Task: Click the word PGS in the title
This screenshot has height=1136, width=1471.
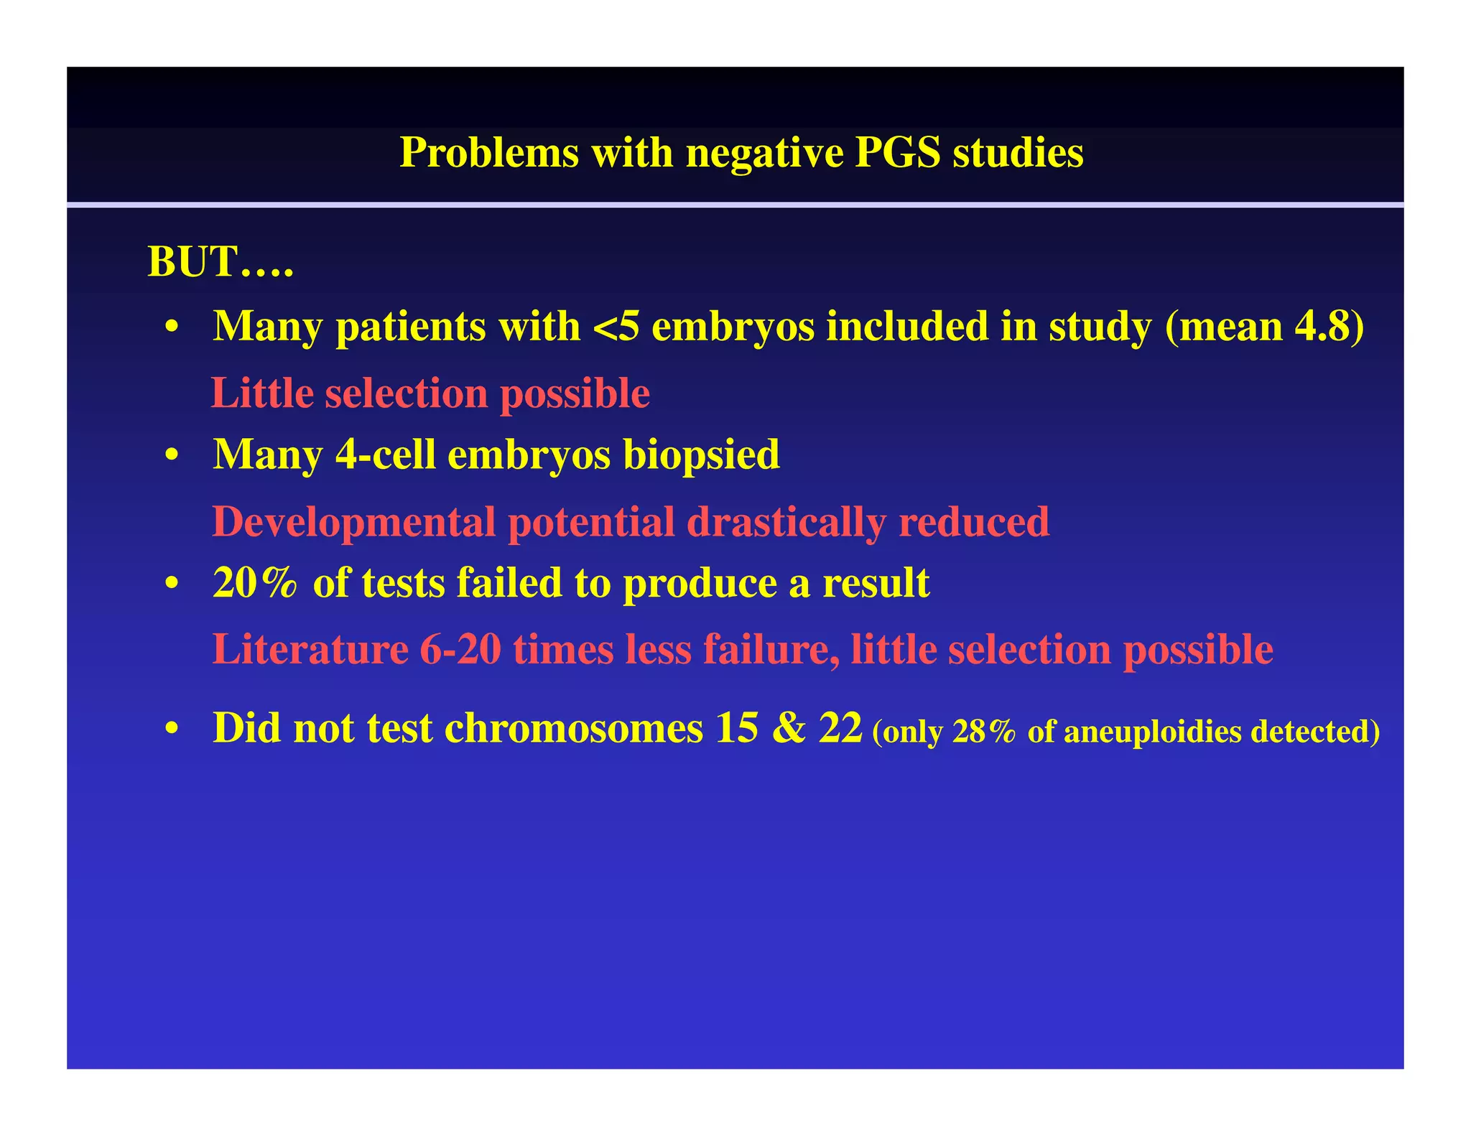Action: (897, 152)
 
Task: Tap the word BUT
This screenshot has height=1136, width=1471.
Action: (192, 261)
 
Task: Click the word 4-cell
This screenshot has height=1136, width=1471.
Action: (385, 455)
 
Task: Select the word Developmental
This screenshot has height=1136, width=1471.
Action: (353, 522)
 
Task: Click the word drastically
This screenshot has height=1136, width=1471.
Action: (786, 522)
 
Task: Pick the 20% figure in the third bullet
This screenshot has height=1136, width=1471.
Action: (255, 582)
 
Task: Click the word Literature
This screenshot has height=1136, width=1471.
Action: (310, 649)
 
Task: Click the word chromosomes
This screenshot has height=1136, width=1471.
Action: (573, 728)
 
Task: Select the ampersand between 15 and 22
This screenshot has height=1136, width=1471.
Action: (789, 728)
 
